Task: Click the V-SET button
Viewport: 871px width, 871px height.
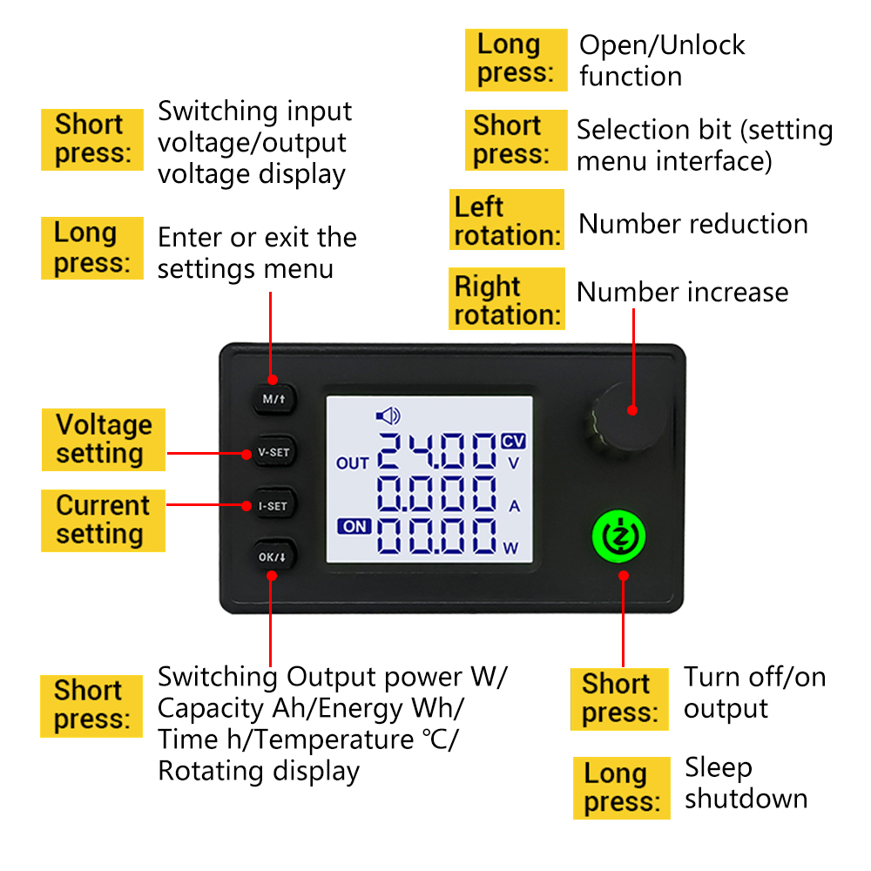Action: pos(274,452)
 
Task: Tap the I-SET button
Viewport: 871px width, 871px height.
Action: pos(273,505)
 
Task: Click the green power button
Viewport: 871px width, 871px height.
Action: pos(618,536)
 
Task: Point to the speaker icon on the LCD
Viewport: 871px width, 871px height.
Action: pos(388,415)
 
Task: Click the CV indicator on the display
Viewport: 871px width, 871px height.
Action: pos(513,441)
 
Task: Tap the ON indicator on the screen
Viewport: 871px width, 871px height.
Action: pos(354,526)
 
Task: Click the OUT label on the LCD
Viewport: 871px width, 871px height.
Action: pos(352,463)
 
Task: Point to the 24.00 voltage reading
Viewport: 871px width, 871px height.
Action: pos(436,450)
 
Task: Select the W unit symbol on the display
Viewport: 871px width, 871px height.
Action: pos(510,548)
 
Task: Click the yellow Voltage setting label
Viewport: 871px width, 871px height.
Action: pos(104,439)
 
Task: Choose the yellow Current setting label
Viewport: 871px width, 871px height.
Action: pos(103,521)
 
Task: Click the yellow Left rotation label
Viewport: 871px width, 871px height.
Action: pos(507,220)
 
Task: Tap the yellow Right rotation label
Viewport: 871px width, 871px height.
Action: pos(507,299)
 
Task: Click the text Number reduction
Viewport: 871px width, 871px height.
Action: pos(693,224)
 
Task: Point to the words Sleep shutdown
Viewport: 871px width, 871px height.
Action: pos(746,783)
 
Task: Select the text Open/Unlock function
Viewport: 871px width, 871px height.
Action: pos(662,61)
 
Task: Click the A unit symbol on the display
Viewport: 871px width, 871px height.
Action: pos(515,506)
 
